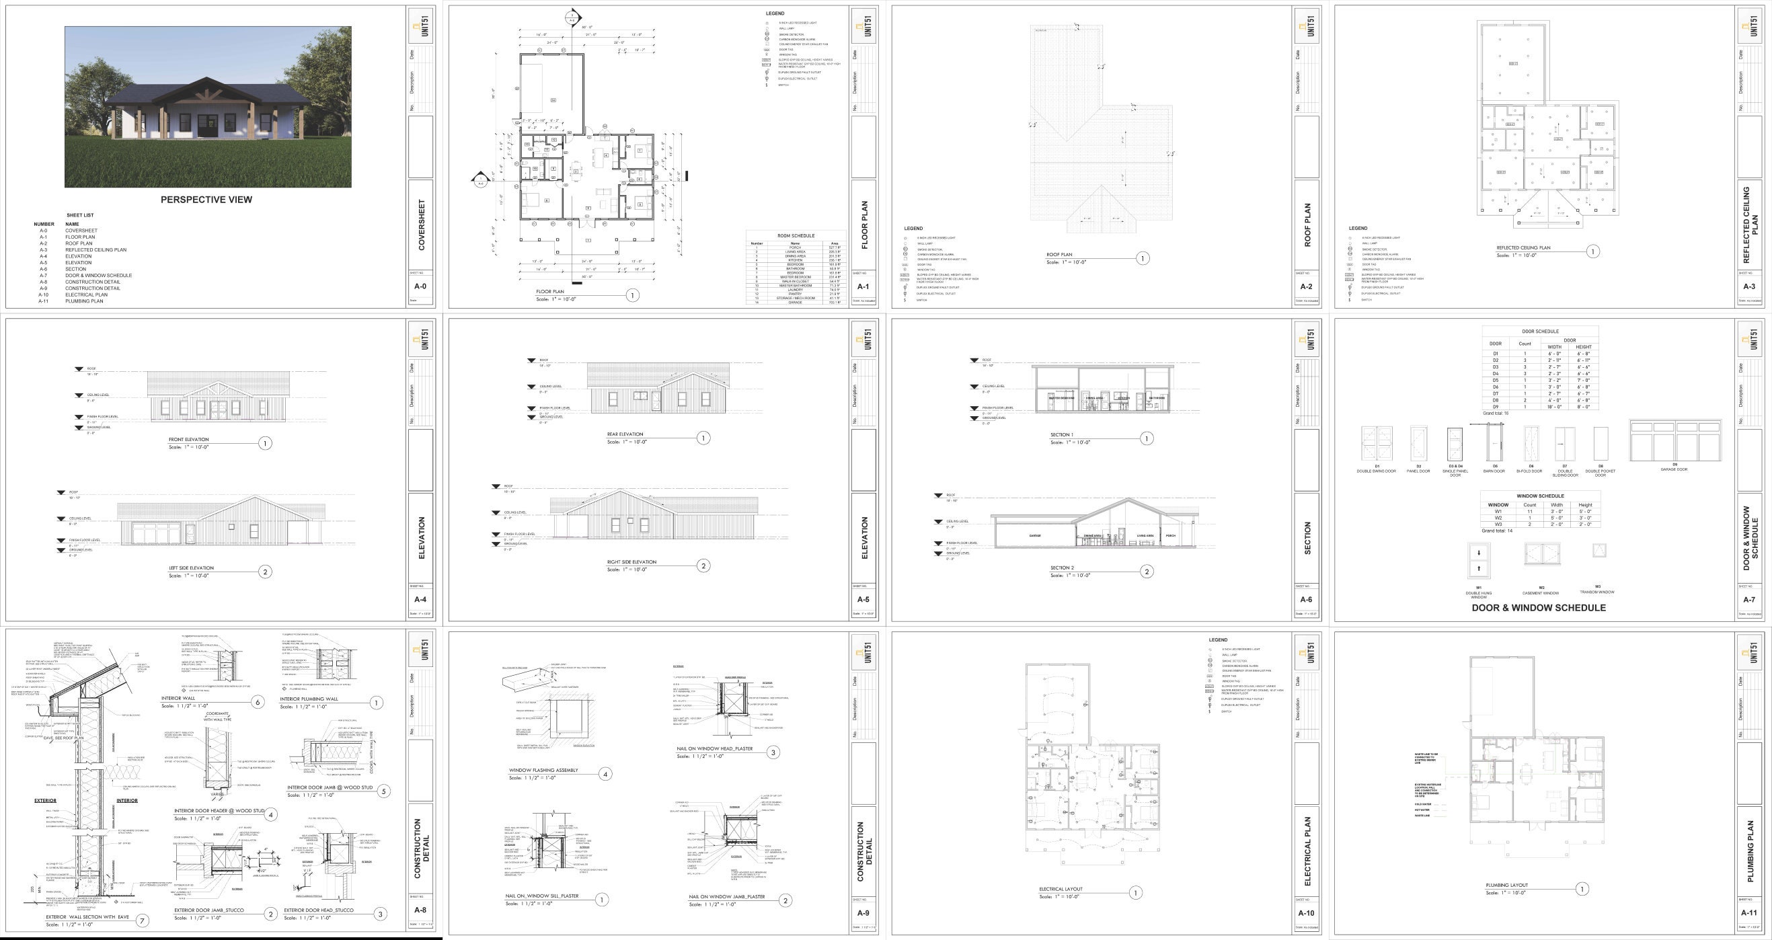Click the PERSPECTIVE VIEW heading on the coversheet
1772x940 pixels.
tap(206, 200)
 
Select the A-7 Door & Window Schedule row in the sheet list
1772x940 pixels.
tap(98, 275)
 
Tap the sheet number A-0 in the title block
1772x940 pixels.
tap(420, 286)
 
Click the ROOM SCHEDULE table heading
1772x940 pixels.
tap(795, 236)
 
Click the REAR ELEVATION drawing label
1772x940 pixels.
tap(625, 434)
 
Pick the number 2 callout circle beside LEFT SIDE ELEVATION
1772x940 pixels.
tap(265, 572)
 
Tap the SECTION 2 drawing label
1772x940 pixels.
tap(1061, 568)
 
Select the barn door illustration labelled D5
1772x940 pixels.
tap(1494, 444)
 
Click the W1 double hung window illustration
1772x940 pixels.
tap(1478, 559)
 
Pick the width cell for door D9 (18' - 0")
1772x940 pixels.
tap(1554, 406)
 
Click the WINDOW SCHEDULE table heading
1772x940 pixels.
tap(1540, 496)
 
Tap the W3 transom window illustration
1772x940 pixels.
tap(1598, 550)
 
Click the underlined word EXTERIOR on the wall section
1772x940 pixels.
tap(46, 800)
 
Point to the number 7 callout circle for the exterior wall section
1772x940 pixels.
tap(142, 921)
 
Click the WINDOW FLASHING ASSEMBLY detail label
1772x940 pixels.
tap(543, 770)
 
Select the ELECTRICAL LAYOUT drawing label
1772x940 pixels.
tap(1060, 889)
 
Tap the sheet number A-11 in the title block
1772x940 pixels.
tap(1748, 913)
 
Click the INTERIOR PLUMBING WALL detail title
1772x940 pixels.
tap(309, 699)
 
